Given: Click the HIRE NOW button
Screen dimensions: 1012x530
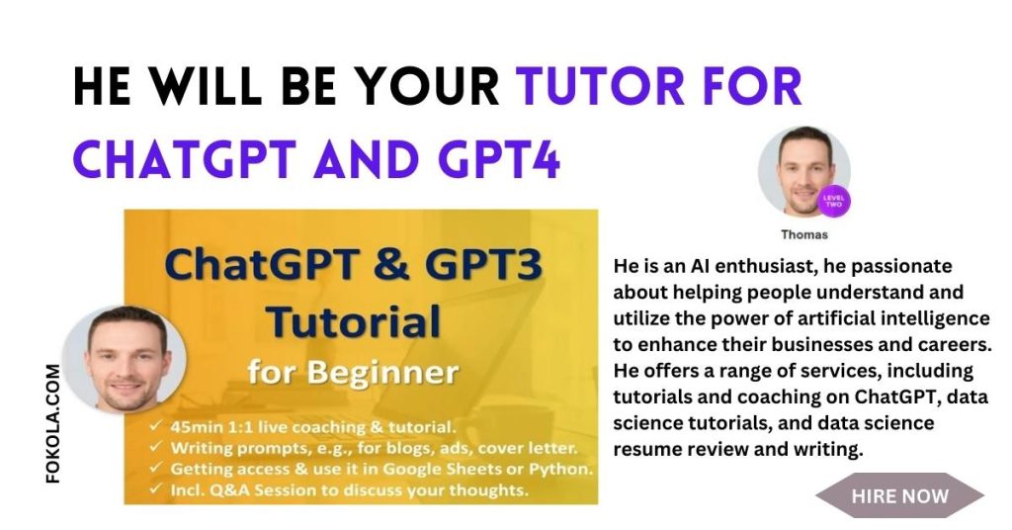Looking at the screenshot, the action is coord(899,495).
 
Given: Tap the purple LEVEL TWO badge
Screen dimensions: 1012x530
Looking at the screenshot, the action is coord(833,202).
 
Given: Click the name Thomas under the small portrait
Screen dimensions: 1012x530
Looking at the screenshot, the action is coord(804,235).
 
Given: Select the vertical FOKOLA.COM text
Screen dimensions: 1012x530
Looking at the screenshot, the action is coord(53,423).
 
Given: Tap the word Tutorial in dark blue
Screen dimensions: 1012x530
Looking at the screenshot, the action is coord(354,321).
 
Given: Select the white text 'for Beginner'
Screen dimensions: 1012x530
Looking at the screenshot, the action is coord(353,373).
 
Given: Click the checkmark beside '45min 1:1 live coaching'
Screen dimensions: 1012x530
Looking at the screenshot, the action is coord(155,426).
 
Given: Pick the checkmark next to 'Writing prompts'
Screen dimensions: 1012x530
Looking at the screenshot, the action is coord(155,447).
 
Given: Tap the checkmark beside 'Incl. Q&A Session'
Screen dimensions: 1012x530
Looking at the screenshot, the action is coord(155,489).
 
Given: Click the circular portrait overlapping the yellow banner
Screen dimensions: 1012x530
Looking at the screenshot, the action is coord(125,359).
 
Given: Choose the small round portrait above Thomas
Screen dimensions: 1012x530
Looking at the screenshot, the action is coord(803,171).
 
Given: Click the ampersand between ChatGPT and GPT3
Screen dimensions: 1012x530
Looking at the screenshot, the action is coord(391,266).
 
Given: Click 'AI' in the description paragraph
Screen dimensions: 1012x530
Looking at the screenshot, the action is coord(700,266).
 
